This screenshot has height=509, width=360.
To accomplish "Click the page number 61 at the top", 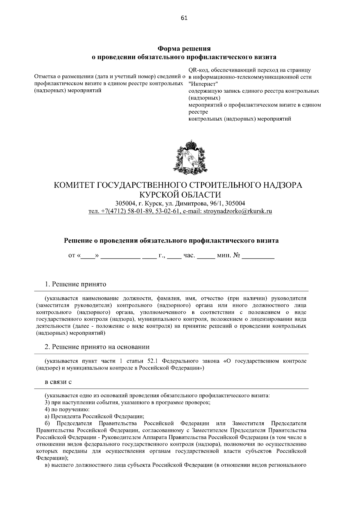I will click(184, 18).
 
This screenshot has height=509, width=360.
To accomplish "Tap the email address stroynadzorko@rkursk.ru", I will click(238, 211).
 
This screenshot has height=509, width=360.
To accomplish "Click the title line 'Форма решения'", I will click(184, 49).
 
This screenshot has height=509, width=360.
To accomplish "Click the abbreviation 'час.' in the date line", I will click(189, 256).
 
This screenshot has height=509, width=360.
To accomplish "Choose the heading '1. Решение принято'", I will click(76, 284).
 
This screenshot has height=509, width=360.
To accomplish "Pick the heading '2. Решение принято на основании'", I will click(97, 347).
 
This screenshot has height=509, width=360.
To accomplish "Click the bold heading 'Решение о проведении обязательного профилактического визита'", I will click(171, 241).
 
